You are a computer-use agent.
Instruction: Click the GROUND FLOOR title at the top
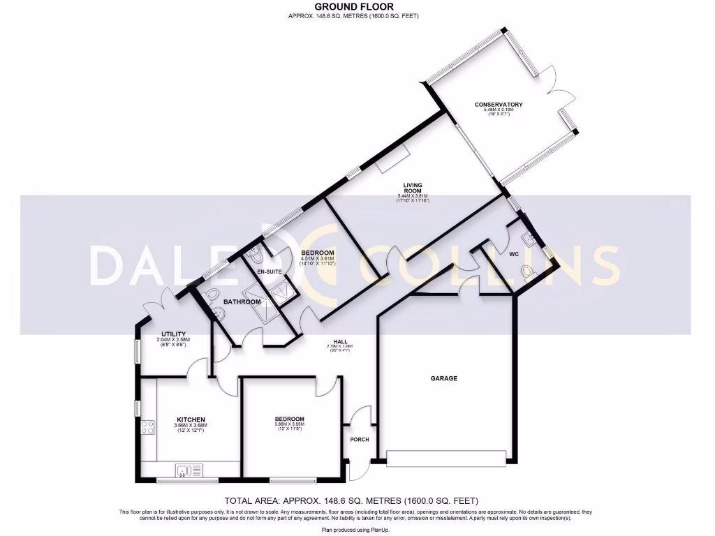pyautogui.click(x=357, y=7)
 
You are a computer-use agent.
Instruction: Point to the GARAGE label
pyautogui.click(x=443, y=378)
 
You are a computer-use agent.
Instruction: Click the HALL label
pyautogui.click(x=341, y=341)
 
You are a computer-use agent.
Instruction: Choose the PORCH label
pyautogui.click(x=360, y=440)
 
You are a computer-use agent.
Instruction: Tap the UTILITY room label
pyautogui.click(x=173, y=334)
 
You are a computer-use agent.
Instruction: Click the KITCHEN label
pyautogui.click(x=191, y=419)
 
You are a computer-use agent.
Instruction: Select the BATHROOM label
pyautogui.click(x=242, y=302)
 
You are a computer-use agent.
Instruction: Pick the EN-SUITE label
pyautogui.click(x=269, y=272)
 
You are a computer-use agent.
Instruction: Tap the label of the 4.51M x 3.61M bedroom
pyautogui.click(x=318, y=252)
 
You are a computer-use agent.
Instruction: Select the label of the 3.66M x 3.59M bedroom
pyautogui.click(x=289, y=419)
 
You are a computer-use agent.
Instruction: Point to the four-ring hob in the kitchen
pyautogui.click(x=148, y=426)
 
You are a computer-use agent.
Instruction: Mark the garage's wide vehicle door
pyautogui.click(x=446, y=459)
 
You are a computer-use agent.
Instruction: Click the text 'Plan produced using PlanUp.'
pyautogui.click(x=357, y=530)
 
